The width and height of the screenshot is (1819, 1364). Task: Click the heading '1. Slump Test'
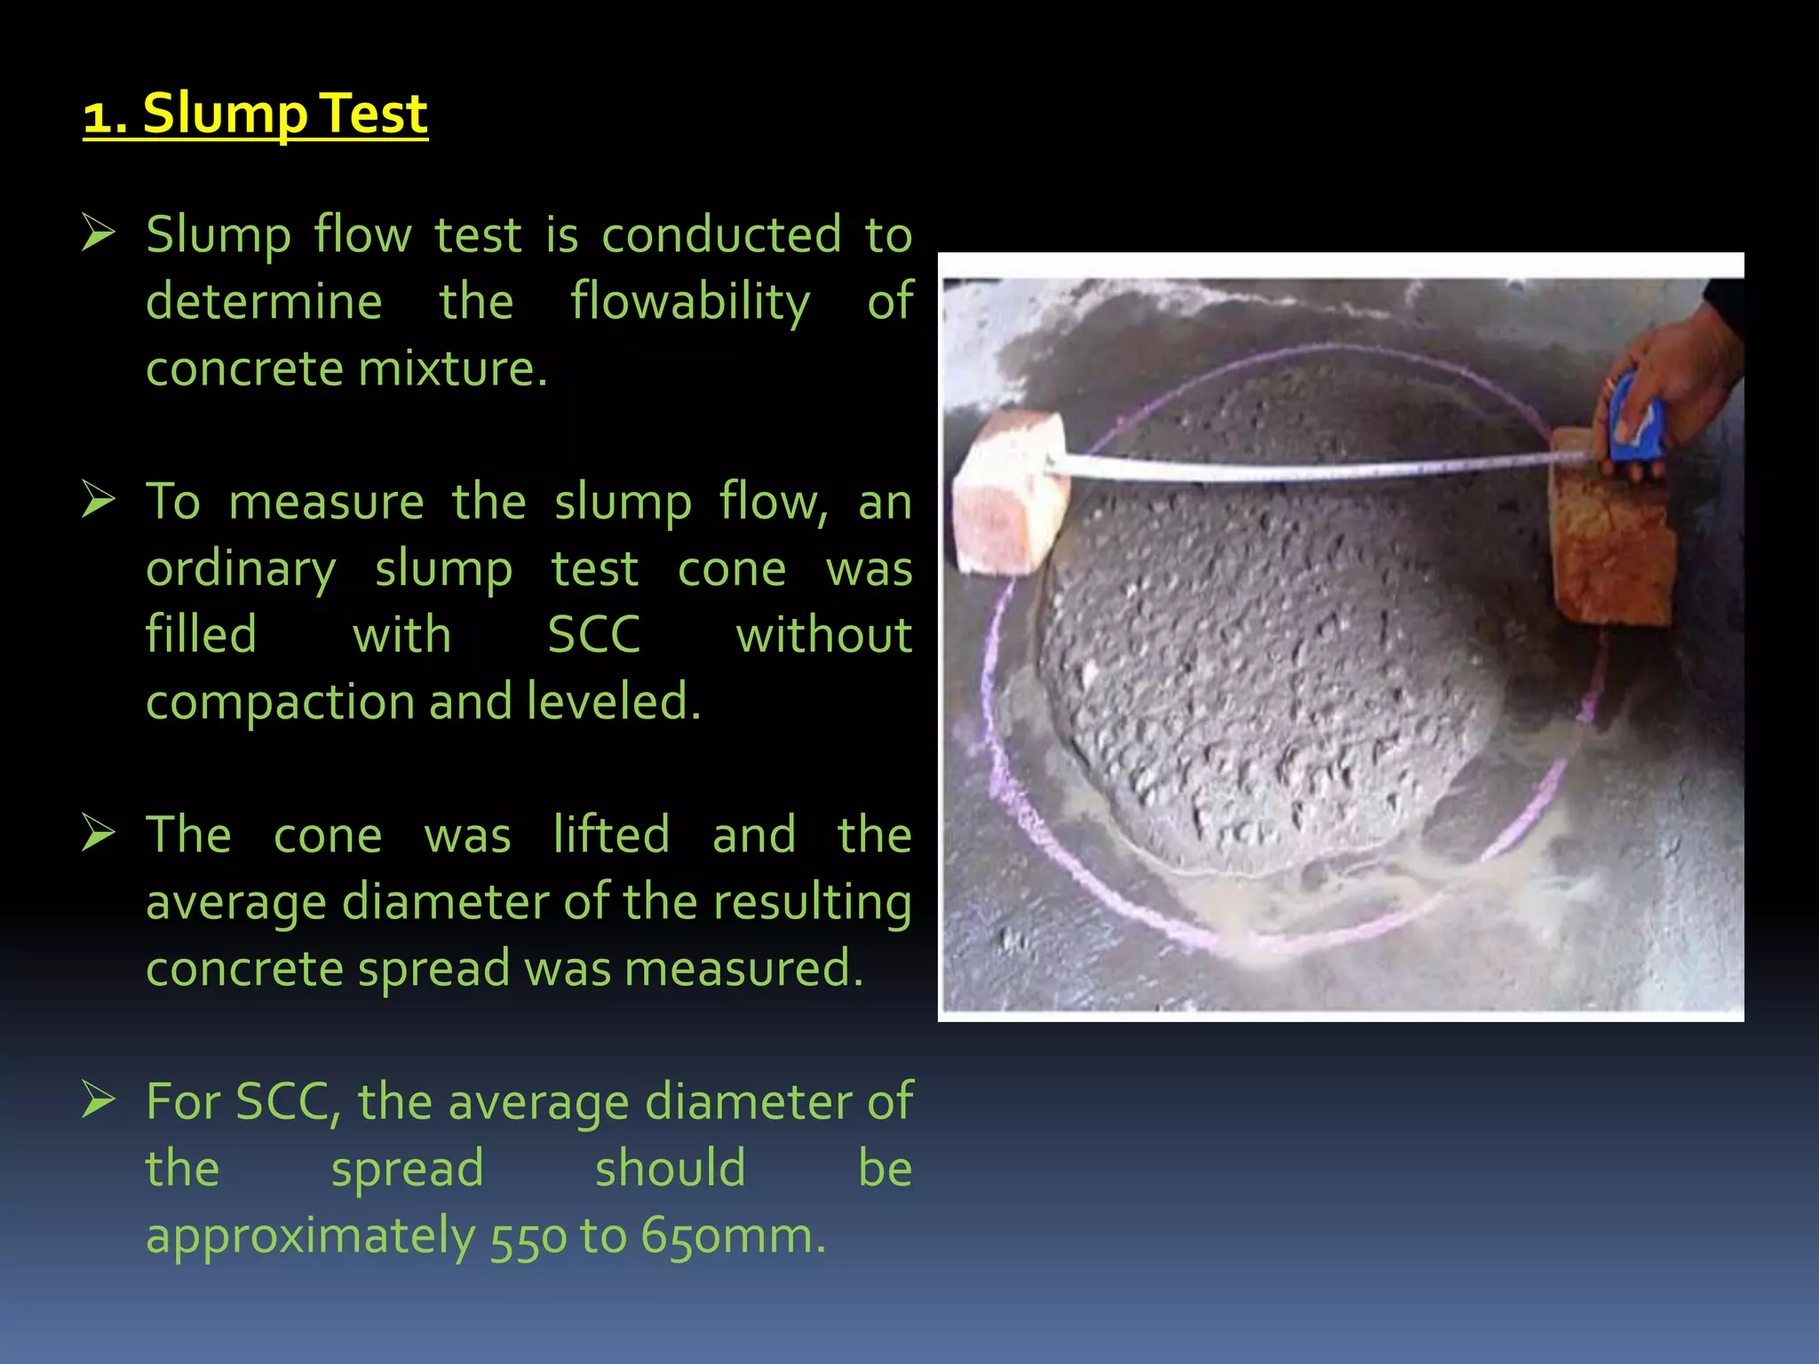pyautogui.click(x=256, y=114)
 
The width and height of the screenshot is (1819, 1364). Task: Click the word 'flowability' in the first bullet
pyautogui.click(x=690, y=302)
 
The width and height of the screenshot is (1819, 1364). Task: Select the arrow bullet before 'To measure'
pyautogui.click(x=98, y=499)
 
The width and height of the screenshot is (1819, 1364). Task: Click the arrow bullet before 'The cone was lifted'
pyautogui.click(x=98, y=833)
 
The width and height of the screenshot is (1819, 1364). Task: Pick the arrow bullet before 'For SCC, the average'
pyautogui.click(x=98, y=1099)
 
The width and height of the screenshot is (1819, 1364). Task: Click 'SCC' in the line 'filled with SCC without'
pyautogui.click(x=593, y=635)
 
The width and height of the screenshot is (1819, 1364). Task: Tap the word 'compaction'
pyautogui.click(x=280, y=702)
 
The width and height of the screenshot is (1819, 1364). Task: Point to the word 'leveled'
pyautogui.click(x=612, y=702)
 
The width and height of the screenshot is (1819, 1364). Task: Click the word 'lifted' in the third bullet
pyautogui.click(x=611, y=835)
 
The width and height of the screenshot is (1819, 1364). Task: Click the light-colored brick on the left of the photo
pyautogui.click(x=1011, y=493)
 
